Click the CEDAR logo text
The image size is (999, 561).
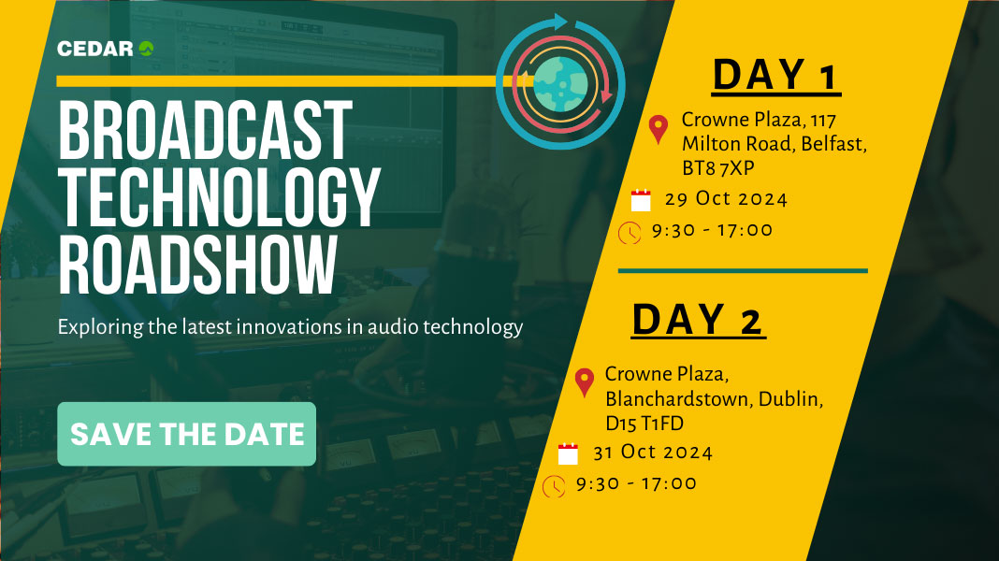(x=95, y=49)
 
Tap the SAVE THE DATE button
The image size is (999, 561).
(x=187, y=434)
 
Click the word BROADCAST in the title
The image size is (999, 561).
(x=205, y=130)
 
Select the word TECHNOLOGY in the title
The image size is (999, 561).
(x=219, y=197)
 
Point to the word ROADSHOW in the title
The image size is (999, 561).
(x=197, y=265)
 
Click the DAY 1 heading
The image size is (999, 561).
(x=775, y=75)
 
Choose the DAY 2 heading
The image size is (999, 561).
(x=698, y=319)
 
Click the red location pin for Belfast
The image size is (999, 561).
(x=659, y=129)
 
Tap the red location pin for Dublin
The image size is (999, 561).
(x=585, y=382)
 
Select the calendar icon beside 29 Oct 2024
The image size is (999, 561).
(x=641, y=200)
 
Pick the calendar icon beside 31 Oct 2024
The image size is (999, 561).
(x=568, y=454)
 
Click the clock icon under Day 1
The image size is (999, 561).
(x=630, y=233)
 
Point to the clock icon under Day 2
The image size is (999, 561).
(x=554, y=486)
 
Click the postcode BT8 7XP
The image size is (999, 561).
(x=718, y=168)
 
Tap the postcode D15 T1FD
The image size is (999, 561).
(x=644, y=424)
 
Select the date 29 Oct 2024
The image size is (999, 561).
(x=726, y=198)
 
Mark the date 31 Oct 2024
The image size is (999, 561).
(x=653, y=453)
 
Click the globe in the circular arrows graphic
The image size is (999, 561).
(x=560, y=84)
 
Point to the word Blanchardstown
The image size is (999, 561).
(x=678, y=399)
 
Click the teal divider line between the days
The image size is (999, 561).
(x=743, y=270)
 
